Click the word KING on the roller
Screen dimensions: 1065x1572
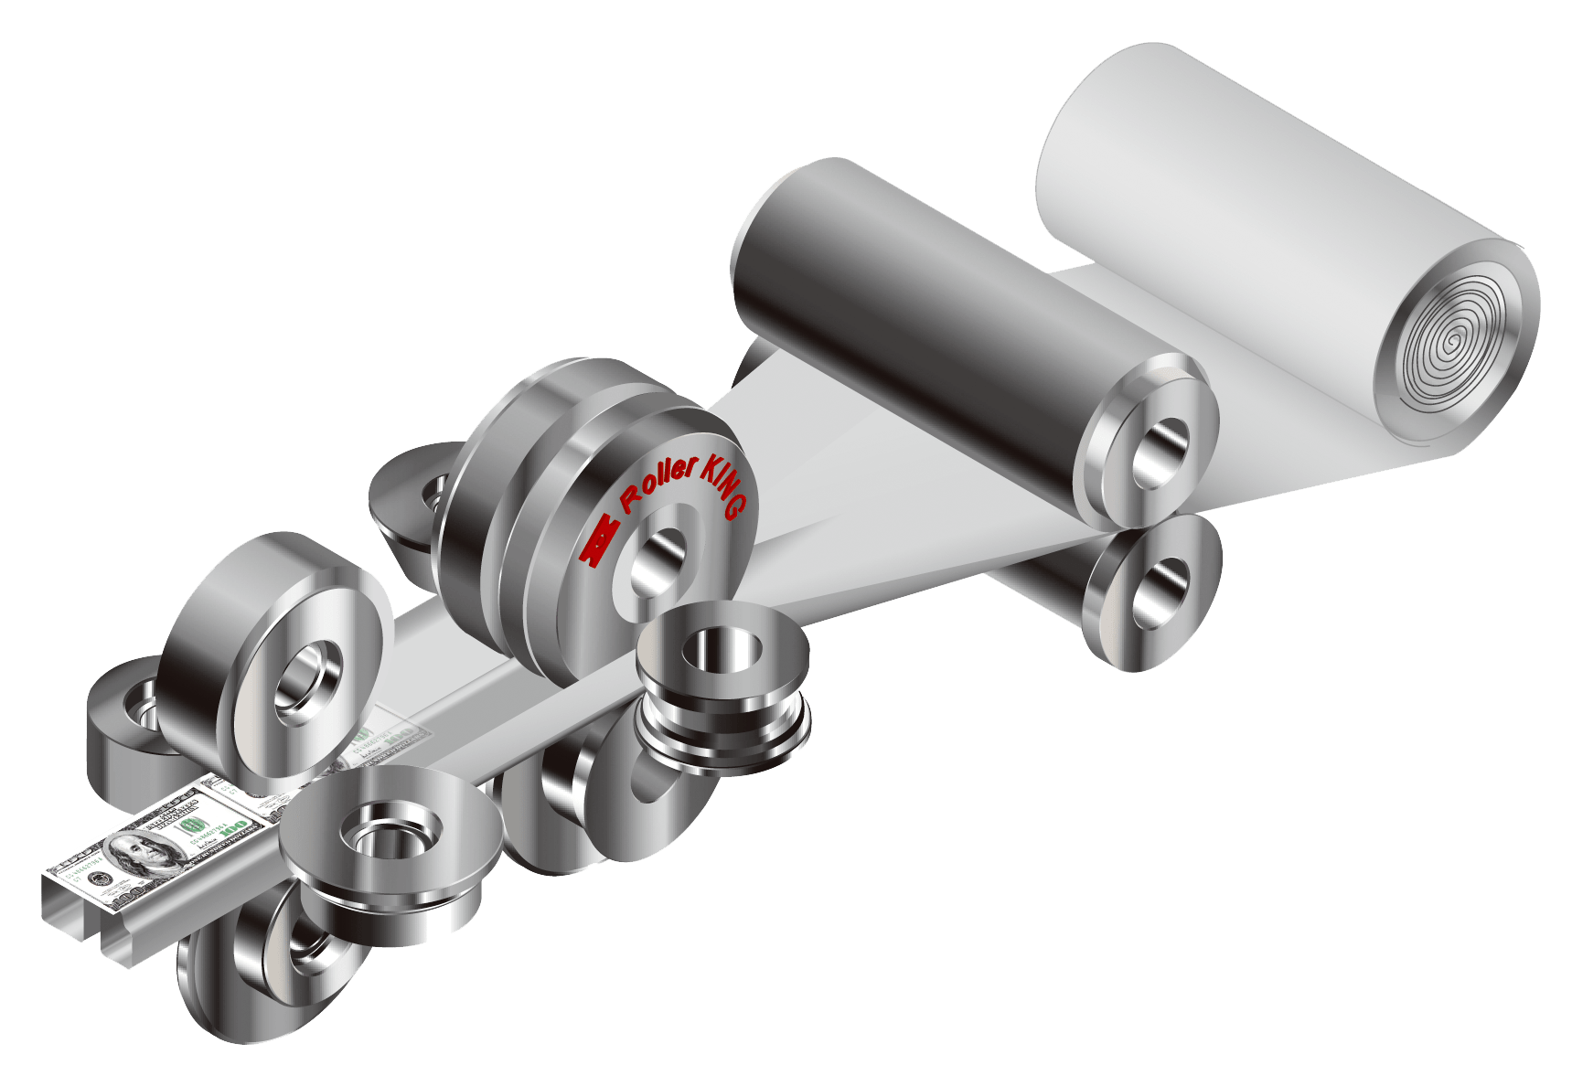coord(725,487)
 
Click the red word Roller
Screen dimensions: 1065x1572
coord(658,485)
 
